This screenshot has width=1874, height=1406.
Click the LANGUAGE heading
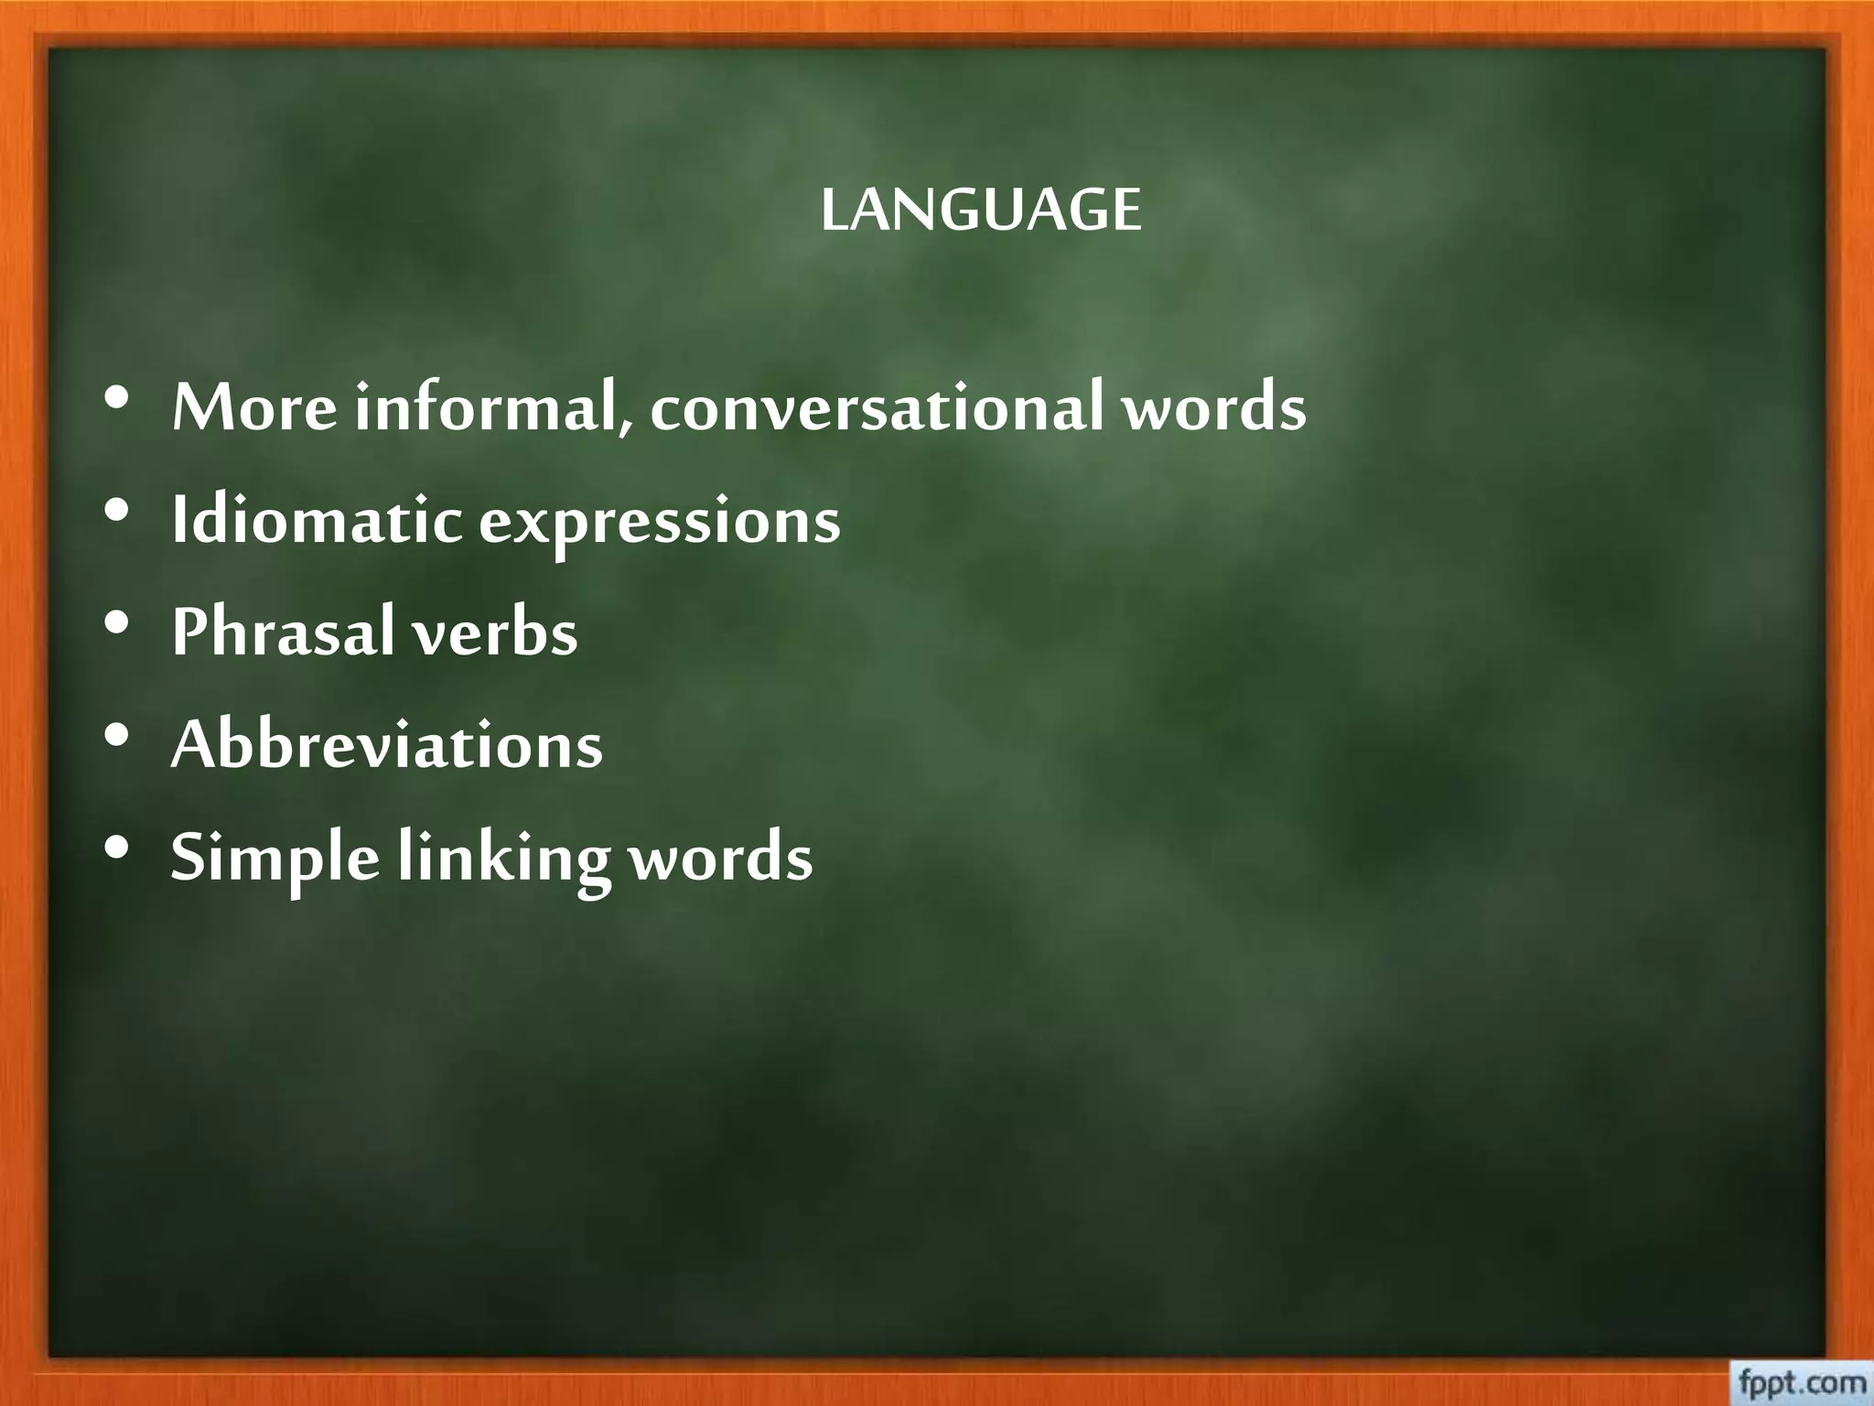click(981, 211)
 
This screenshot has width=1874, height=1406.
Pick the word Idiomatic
click(317, 521)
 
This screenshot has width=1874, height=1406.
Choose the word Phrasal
click(284, 633)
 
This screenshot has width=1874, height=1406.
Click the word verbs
click(495, 633)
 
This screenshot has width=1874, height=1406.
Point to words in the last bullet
click(721, 859)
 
